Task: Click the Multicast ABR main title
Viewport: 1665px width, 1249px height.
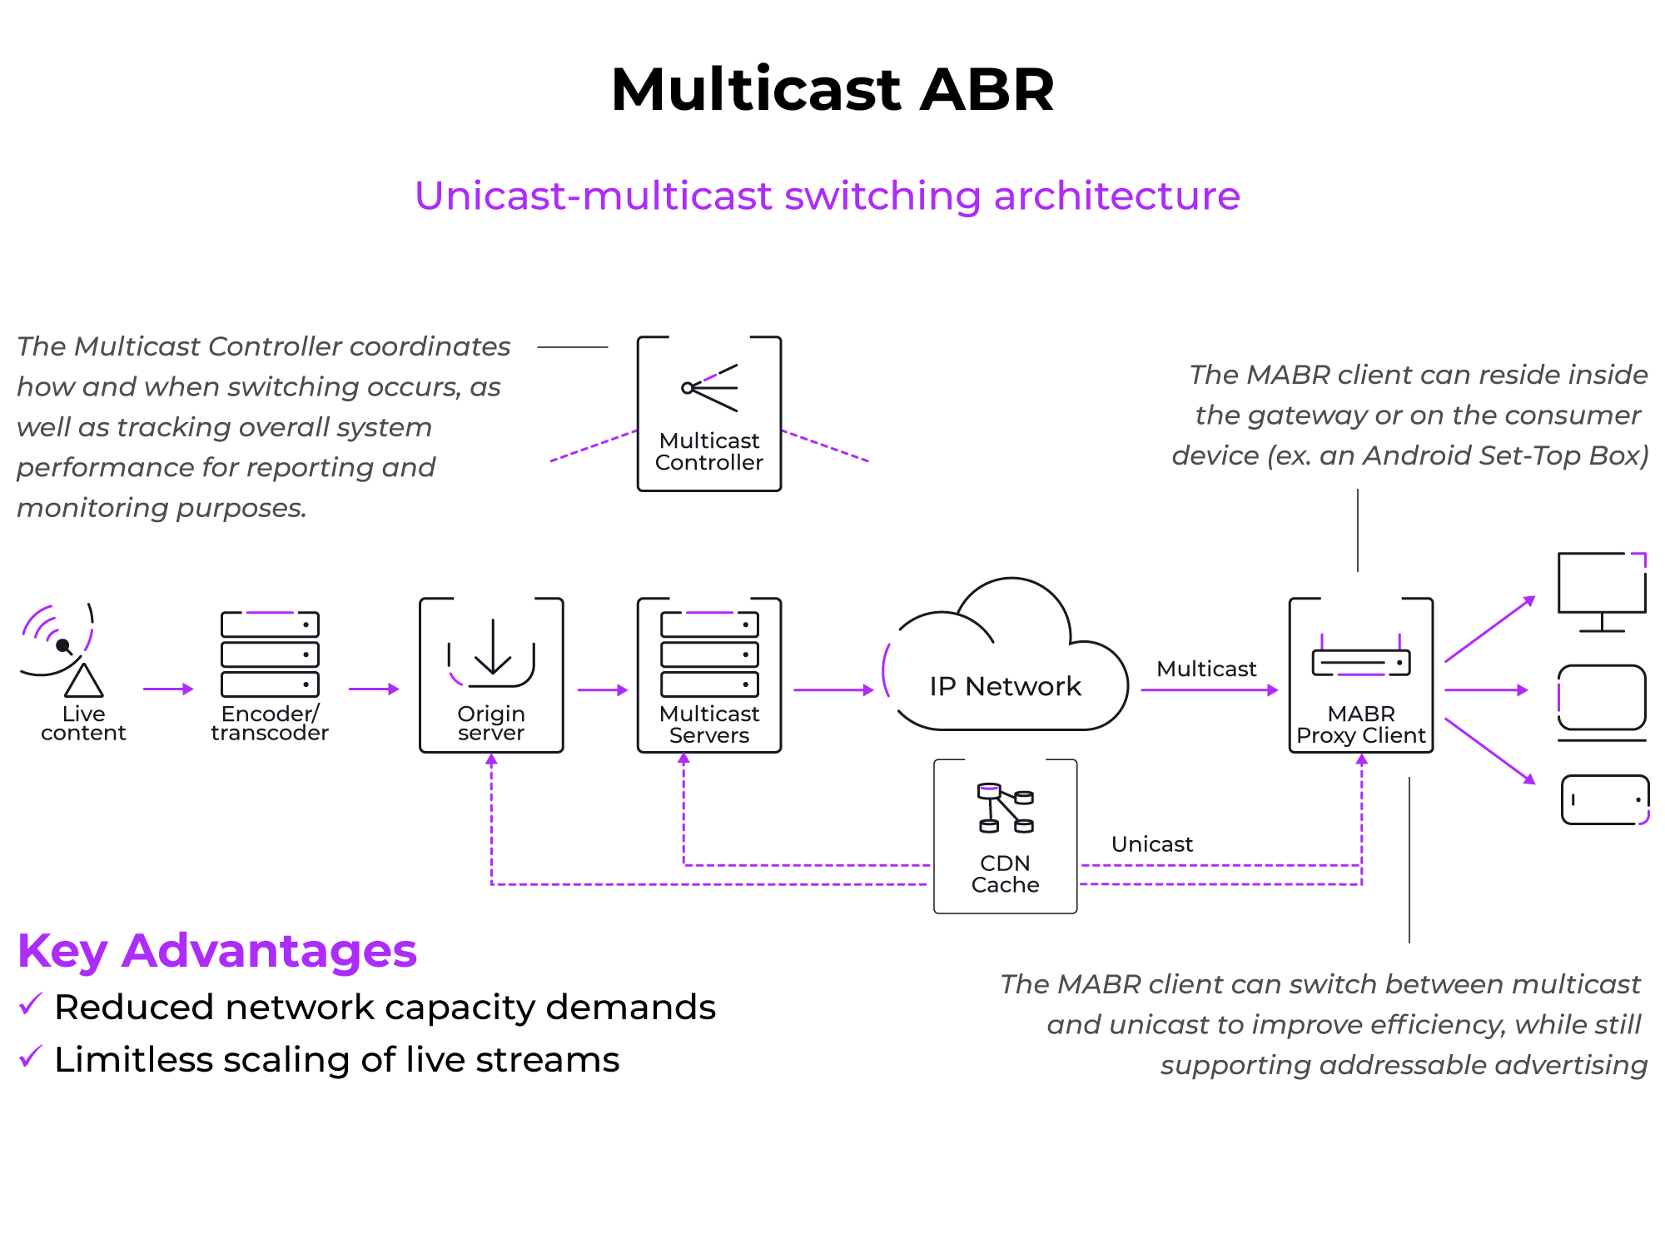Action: pyautogui.click(x=832, y=90)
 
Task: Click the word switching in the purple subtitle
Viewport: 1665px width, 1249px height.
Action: pyautogui.click(x=882, y=197)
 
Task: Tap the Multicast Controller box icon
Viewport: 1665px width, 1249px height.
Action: pyautogui.click(x=709, y=388)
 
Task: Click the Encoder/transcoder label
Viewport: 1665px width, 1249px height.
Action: pyautogui.click(x=270, y=723)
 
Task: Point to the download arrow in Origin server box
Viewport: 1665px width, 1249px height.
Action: pyautogui.click(x=492, y=649)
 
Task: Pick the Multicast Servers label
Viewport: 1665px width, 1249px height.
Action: pyautogui.click(x=709, y=724)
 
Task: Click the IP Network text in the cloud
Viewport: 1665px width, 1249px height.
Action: pyautogui.click(x=1005, y=686)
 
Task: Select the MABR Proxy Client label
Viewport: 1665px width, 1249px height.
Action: pyautogui.click(x=1361, y=724)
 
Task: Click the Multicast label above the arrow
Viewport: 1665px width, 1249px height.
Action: pyautogui.click(x=1206, y=669)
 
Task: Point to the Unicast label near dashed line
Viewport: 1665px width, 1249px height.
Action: pyautogui.click(x=1151, y=844)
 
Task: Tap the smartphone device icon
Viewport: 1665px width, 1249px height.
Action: pyautogui.click(x=1604, y=799)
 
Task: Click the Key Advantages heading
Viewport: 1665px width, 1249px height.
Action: pyautogui.click(x=216, y=951)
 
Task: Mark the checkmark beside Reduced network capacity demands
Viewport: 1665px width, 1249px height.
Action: pyautogui.click(x=30, y=1004)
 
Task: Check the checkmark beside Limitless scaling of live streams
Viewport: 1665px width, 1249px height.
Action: pyautogui.click(x=30, y=1057)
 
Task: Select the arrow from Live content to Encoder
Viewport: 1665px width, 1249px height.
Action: pyautogui.click(x=168, y=689)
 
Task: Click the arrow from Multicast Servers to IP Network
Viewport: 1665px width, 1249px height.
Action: pyautogui.click(x=832, y=689)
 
